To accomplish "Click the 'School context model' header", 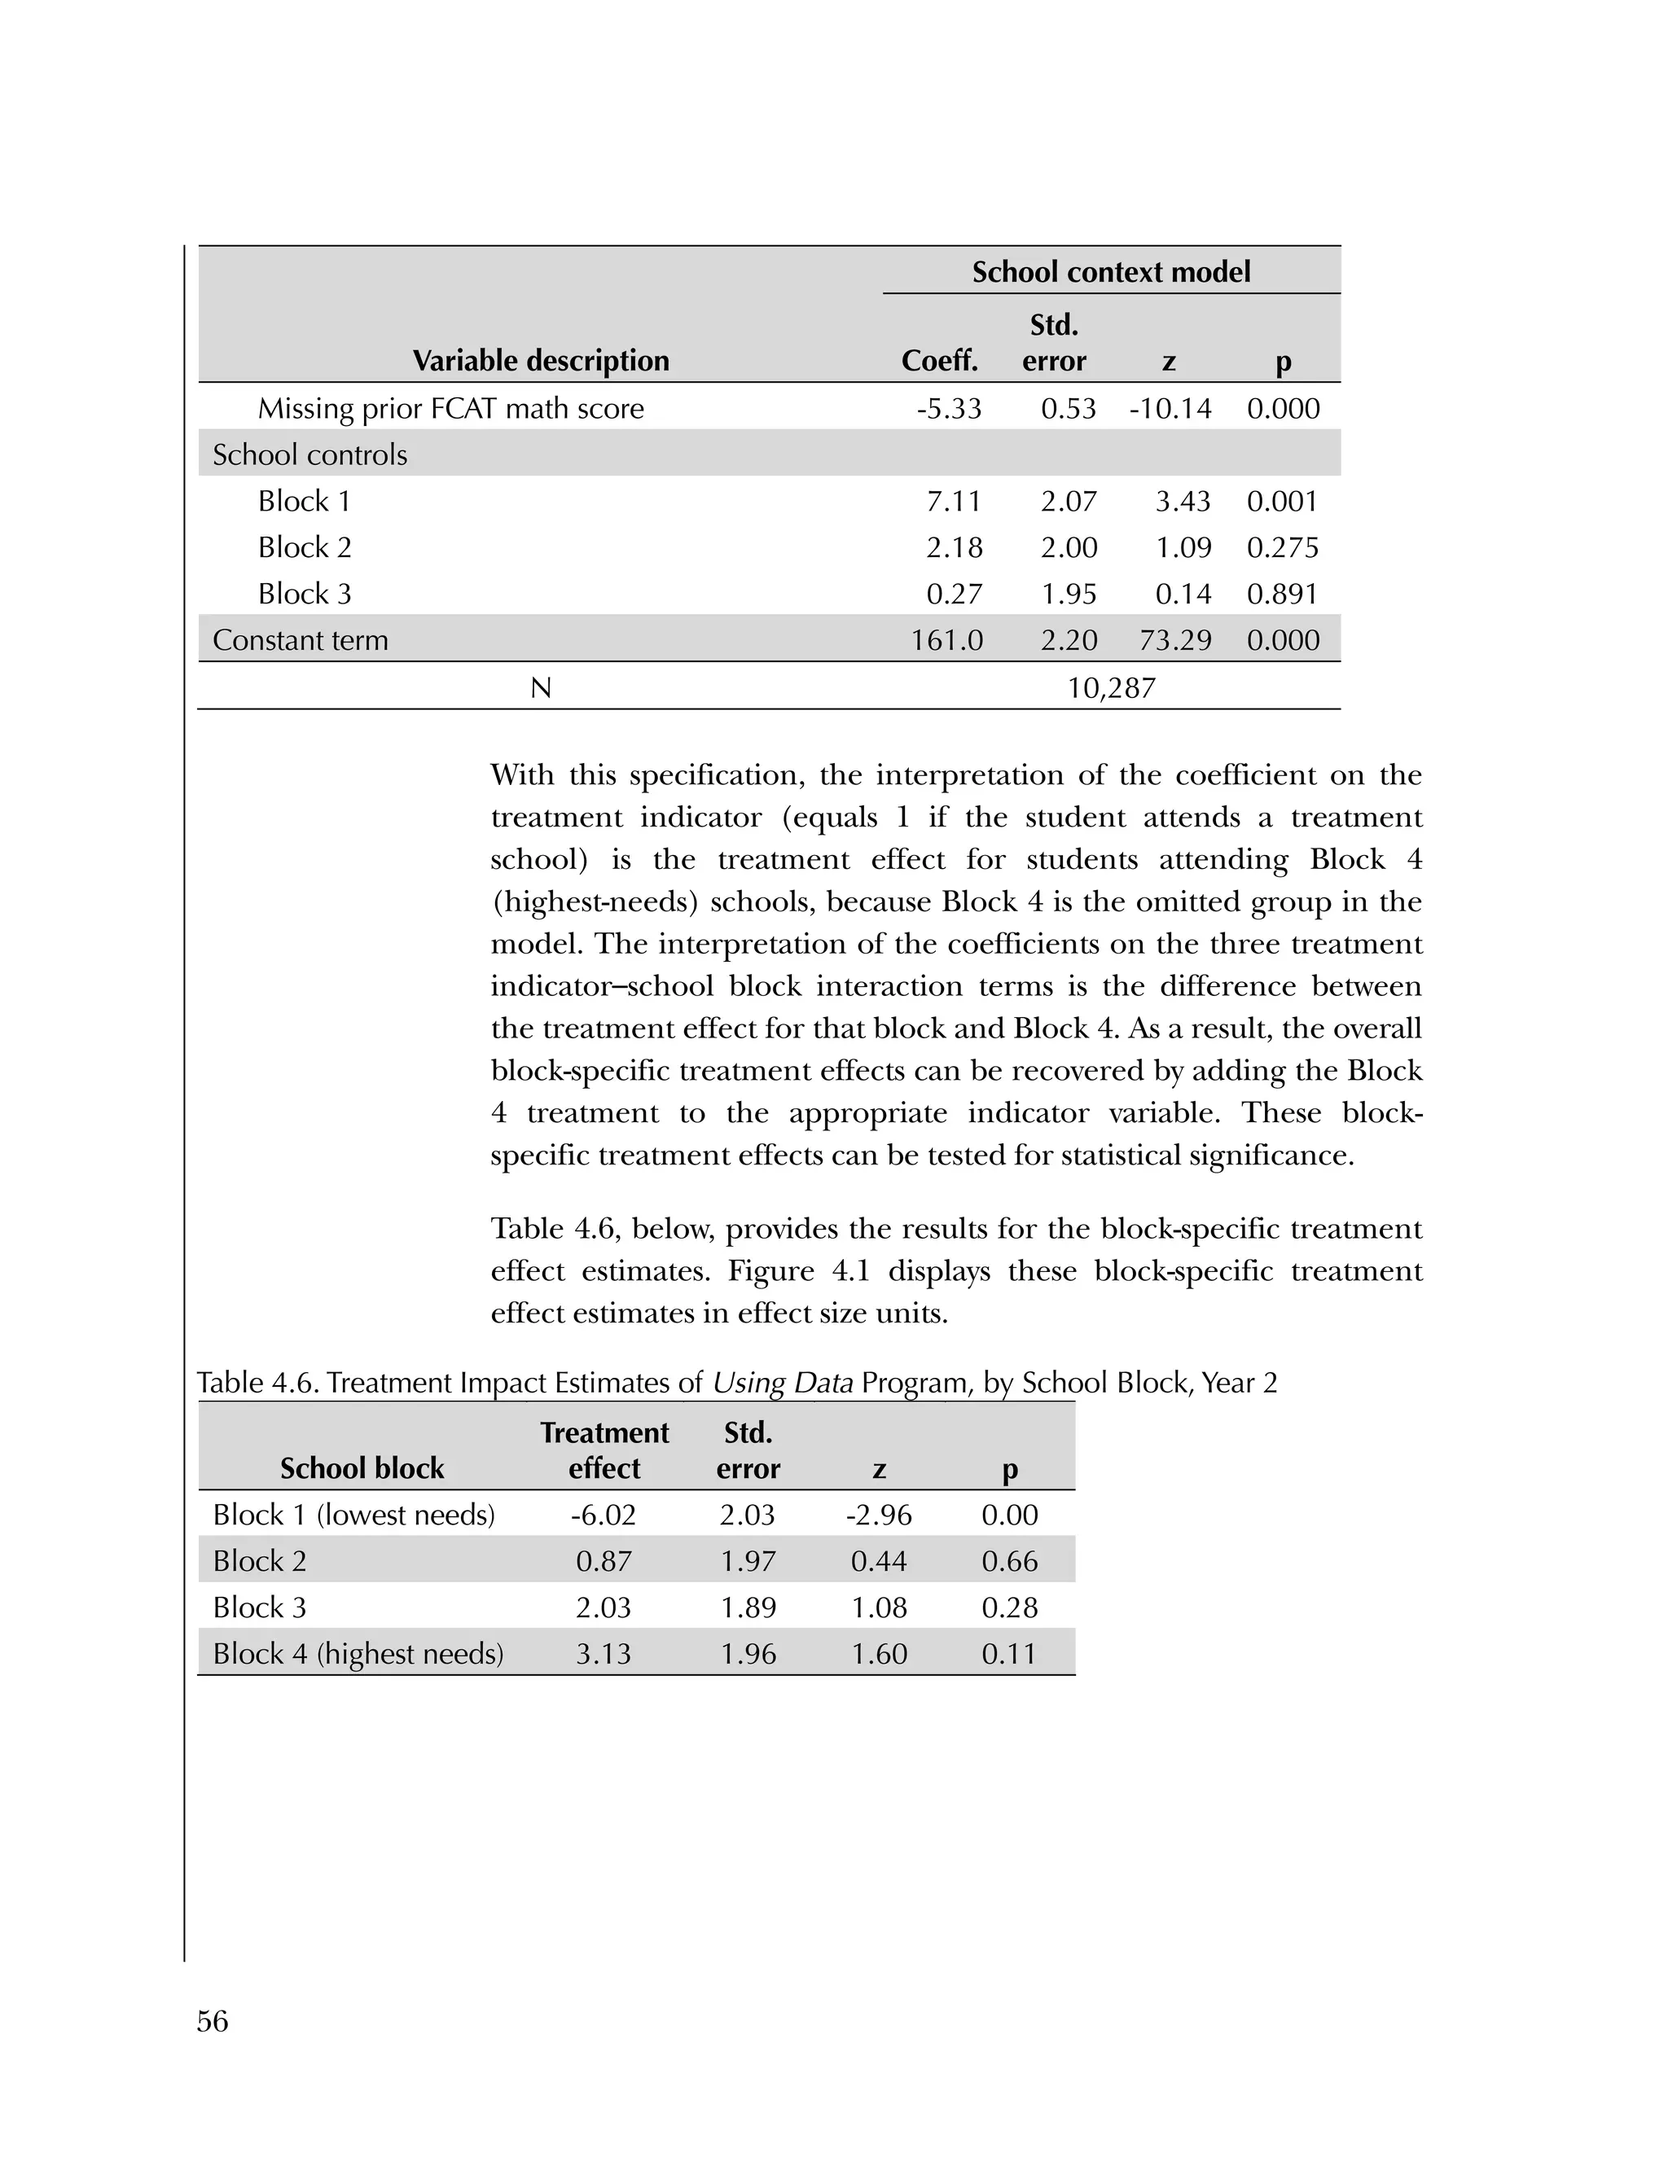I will click(x=1111, y=272).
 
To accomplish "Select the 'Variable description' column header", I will click(x=541, y=361).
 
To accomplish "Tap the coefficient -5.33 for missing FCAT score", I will click(x=949, y=408).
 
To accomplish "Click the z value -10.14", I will click(x=1170, y=408).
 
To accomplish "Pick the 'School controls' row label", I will click(x=309, y=454).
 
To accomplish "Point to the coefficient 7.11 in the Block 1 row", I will click(x=954, y=501).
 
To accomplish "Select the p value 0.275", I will click(x=1283, y=547).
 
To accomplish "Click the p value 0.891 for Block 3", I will click(x=1283, y=594).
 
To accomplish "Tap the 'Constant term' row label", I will click(x=301, y=640).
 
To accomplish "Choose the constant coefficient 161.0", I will click(x=946, y=640).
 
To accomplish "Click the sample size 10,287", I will click(x=1111, y=688).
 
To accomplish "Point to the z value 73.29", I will click(x=1175, y=640).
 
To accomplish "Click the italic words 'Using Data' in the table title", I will click(x=782, y=1383).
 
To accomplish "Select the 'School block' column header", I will click(x=362, y=1468).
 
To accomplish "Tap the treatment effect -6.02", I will click(x=603, y=1515).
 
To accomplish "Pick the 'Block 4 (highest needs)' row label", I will click(x=358, y=1654).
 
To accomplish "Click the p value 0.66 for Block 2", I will click(x=1009, y=1561).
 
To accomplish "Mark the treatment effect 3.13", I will click(x=603, y=1654).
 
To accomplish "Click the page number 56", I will click(x=213, y=2022).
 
